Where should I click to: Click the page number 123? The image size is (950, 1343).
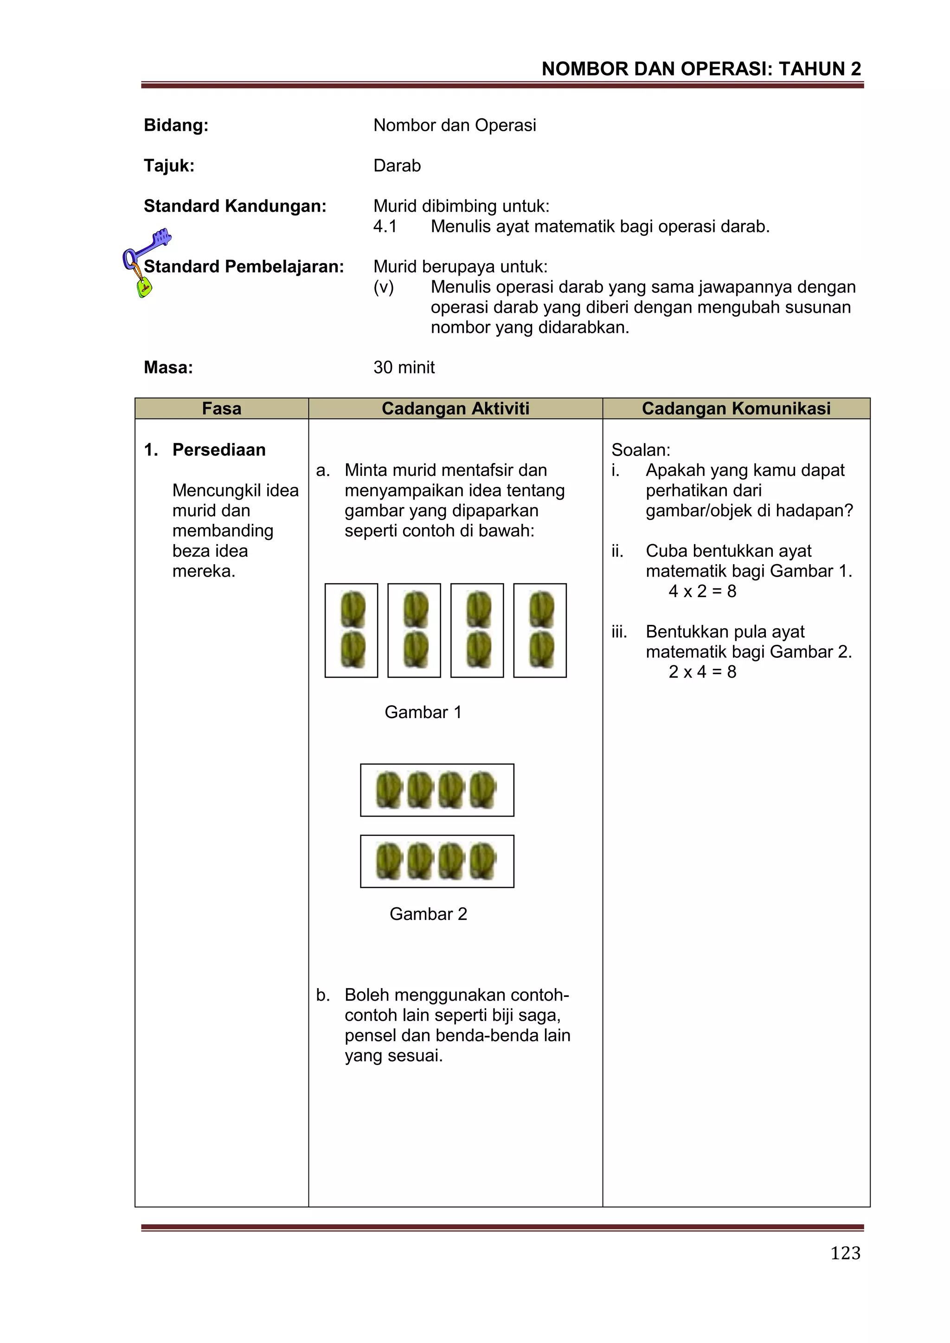[845, 1253]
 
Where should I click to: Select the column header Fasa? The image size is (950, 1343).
[221, 408]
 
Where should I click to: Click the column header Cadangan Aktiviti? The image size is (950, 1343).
[455, 408]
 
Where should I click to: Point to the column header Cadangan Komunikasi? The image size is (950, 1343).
[736, 408]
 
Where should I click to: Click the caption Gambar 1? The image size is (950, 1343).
[423, 712]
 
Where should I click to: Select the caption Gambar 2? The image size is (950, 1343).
[428, 914]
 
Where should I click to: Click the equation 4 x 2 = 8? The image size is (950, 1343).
[702, 591]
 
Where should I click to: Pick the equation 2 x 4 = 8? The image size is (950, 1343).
[702, 672]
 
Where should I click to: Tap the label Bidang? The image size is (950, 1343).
[176, 125]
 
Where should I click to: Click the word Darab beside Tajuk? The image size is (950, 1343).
[397, 166]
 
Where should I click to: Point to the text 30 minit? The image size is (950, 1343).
[404, 367]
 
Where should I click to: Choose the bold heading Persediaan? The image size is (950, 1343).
[219, 450]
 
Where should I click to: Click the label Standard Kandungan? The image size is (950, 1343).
[235, 206]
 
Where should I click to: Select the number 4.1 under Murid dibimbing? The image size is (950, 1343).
[385, 226]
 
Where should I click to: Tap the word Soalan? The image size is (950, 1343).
[641, 450]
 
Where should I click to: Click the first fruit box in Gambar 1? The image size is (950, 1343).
[351, 630]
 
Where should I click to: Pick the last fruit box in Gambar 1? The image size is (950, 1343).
[540, 630]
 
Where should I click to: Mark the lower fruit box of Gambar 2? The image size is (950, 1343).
[437, 861]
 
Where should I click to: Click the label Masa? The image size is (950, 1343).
[168, 367]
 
